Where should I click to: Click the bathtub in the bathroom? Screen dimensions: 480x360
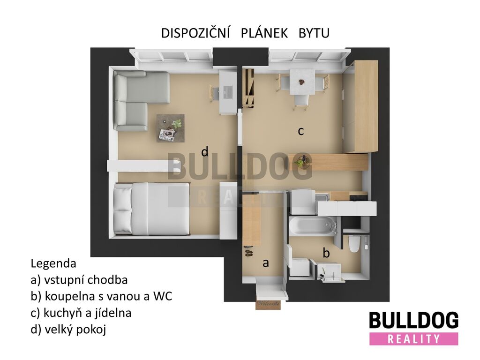pyautogui.click(x=312, y=226)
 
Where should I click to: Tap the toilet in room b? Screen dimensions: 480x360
pyautogui.click(x=354, y=243)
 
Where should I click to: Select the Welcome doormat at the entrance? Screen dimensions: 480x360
pyautogui.click(x=268, y=305)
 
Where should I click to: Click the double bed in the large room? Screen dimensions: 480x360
pyautogui.click(x=152, y=209)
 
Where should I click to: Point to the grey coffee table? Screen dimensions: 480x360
pyautogui.click(x=171, y=128)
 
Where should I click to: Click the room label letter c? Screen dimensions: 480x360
pyautogui.click(x=301, y=131)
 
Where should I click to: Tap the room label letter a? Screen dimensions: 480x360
pyautogui.click(x=266, y=262)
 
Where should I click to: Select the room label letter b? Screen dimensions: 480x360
pyautogui.click(x=326, y=253)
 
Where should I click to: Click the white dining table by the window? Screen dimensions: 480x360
pyautogui.click(x=302, y=82)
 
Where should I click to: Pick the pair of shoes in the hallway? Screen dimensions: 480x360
pyautogui.click(x=248, y=253)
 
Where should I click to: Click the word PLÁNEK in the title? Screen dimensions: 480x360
pyautogui.click(x=264, y=33)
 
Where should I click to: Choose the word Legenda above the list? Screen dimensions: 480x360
pyautogui.click(x=53, y=263)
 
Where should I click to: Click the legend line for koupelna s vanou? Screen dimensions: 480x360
pyautogui.click(x=101, y=296)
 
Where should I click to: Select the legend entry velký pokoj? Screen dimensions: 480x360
pyautogui.click(x=68, y=330)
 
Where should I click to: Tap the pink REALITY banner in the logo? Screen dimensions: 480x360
pyautogui.click(x=413, y=339)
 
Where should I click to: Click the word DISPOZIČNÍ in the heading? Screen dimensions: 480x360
pyautogui.click(x=195, y=33)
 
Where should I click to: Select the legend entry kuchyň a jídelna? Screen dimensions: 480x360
pyautogui.click(x=81, y=313)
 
